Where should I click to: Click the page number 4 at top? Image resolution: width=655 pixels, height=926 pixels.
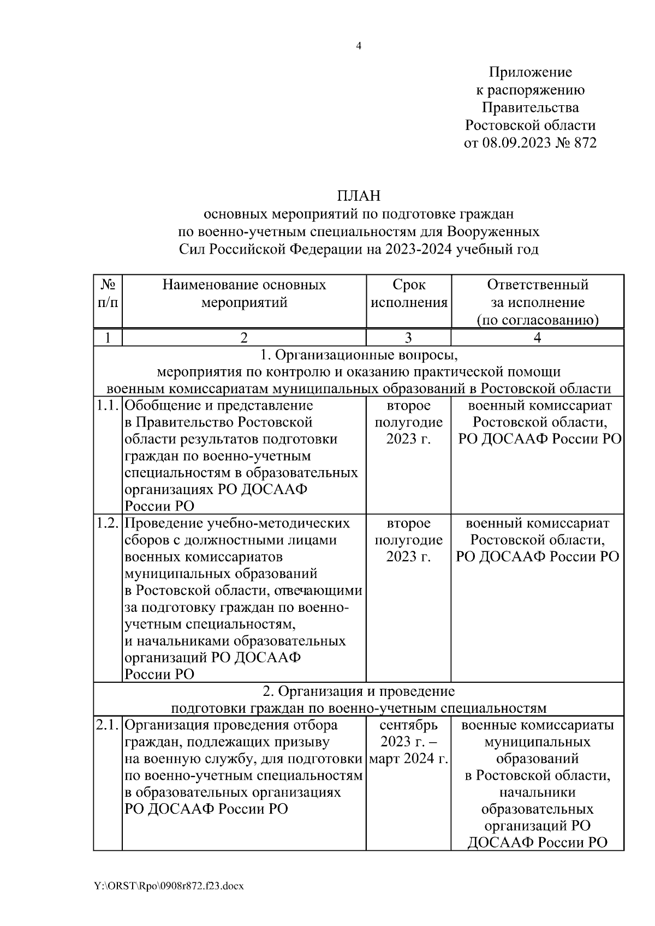tap(359, 46)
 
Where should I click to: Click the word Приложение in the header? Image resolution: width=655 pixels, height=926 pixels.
tap(530, 73)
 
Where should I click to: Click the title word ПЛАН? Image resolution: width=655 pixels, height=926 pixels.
tap(358, 195)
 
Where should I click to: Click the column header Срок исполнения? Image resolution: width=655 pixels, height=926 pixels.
tap(409, 294)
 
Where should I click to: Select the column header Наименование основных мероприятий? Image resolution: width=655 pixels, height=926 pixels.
tap(244, 294)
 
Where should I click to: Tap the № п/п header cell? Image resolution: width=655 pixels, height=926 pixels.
tap(108, 294)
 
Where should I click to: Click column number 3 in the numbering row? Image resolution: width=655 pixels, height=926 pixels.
tap(409, 338)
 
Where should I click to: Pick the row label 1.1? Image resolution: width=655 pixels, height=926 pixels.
tap(108, 406)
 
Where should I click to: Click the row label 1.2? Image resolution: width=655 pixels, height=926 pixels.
tap(108, 524)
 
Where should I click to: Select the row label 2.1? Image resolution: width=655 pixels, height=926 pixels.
tap(108, 726)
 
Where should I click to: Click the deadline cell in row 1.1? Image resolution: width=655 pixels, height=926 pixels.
tap(409, 423)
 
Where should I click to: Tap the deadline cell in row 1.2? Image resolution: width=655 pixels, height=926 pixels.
tap(409, 540)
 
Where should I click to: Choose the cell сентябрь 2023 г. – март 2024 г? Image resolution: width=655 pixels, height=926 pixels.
tap(409, 742)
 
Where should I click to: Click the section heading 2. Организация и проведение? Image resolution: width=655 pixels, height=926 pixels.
tap(359, 692)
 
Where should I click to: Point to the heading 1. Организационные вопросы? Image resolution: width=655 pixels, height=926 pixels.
tap(359, 356)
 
